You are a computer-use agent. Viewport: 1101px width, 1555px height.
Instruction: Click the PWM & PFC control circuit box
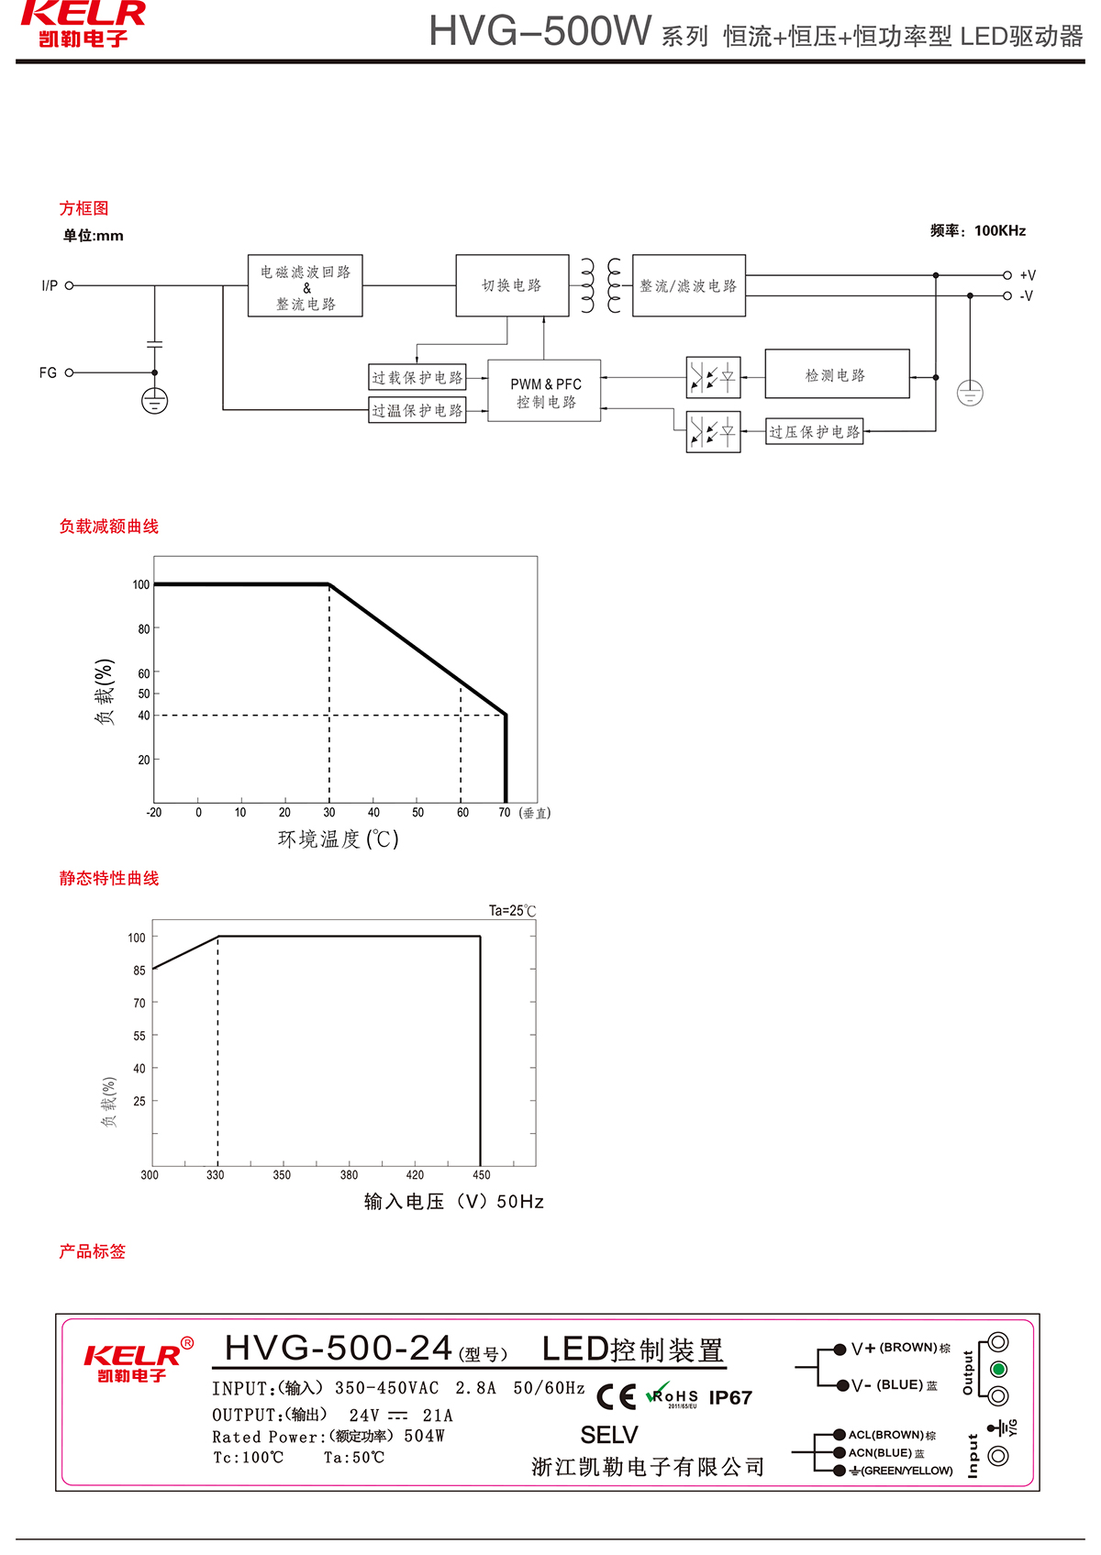pos(544,391)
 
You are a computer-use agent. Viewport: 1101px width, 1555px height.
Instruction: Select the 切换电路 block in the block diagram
pos(512,285)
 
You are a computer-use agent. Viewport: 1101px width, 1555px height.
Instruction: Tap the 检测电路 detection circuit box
pos(837,374)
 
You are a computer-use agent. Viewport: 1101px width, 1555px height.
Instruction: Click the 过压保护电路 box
pos(815,432)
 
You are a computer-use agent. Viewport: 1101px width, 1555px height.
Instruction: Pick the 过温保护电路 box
pos(417,410)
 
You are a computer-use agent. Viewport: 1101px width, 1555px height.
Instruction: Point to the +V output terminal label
pos(1028,275)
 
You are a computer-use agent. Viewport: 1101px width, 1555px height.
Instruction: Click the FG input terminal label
pos(48,372)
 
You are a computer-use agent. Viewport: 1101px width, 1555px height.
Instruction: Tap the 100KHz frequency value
pos(1000,230)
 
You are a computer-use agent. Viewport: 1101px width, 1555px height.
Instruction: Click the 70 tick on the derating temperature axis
pos(505,813)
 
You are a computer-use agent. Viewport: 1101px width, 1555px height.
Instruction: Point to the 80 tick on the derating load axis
pos(144,629)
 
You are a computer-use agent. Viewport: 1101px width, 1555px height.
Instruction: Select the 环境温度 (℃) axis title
pos(339,839)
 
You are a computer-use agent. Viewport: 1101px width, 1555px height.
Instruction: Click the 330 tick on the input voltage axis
pos(216,1175)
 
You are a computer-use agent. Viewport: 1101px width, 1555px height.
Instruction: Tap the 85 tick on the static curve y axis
pos(139,971)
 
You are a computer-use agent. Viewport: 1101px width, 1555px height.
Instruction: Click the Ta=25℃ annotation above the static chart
pos(512,911)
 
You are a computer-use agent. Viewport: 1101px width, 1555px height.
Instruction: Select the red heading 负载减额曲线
pos(109,527)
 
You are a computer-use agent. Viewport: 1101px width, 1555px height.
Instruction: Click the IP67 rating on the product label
pos(730,1397)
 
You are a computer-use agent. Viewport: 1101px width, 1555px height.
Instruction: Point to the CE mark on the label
pos(616,1396)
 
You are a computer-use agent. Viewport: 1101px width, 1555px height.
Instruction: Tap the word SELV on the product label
pos(609,1435)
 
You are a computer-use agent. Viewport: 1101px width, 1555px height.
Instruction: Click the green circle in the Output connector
pos(999,1369)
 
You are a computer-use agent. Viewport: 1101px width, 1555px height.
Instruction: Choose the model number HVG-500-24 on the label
pos(339,1349)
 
